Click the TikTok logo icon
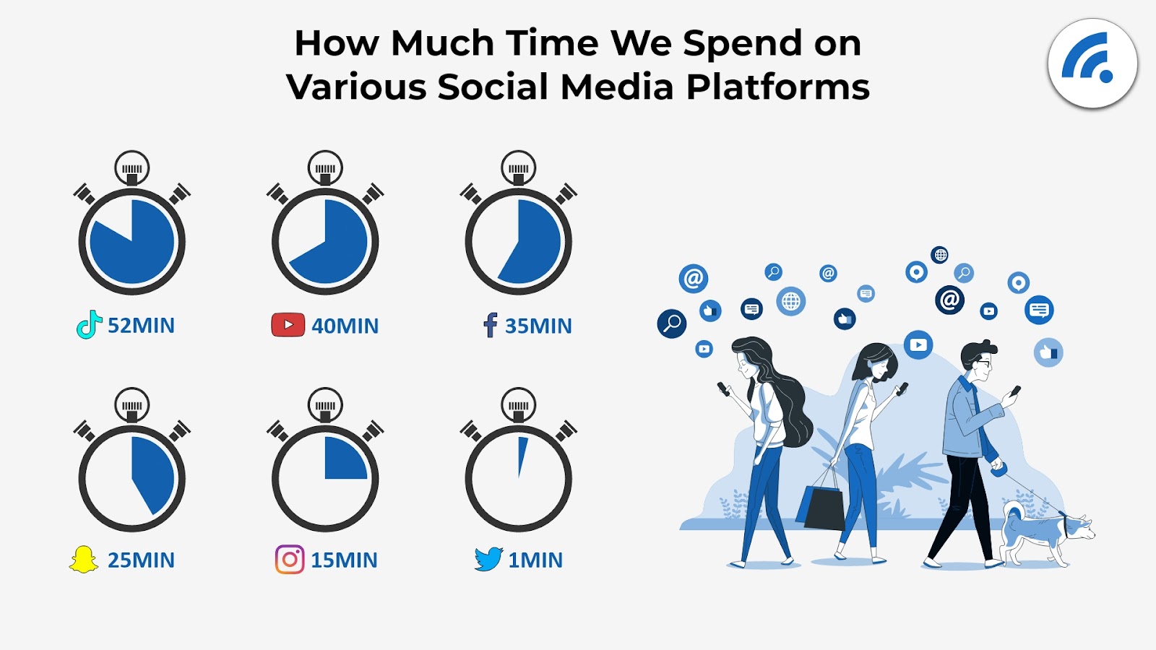[89, 324]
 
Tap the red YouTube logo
[288, 325]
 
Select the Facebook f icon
[491, 325]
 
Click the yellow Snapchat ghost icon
[84, 559]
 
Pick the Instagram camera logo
[290, 559]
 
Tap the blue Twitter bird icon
[488, 559]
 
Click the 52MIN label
[141, 326]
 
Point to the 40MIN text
[345, 326]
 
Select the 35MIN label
[538, 326]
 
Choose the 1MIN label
[535, 560]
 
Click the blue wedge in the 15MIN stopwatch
[342, 461]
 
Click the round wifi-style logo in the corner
[1092, 64]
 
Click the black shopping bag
[824, 508]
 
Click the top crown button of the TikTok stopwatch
[132, 168]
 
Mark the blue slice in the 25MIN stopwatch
[153, 473]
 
